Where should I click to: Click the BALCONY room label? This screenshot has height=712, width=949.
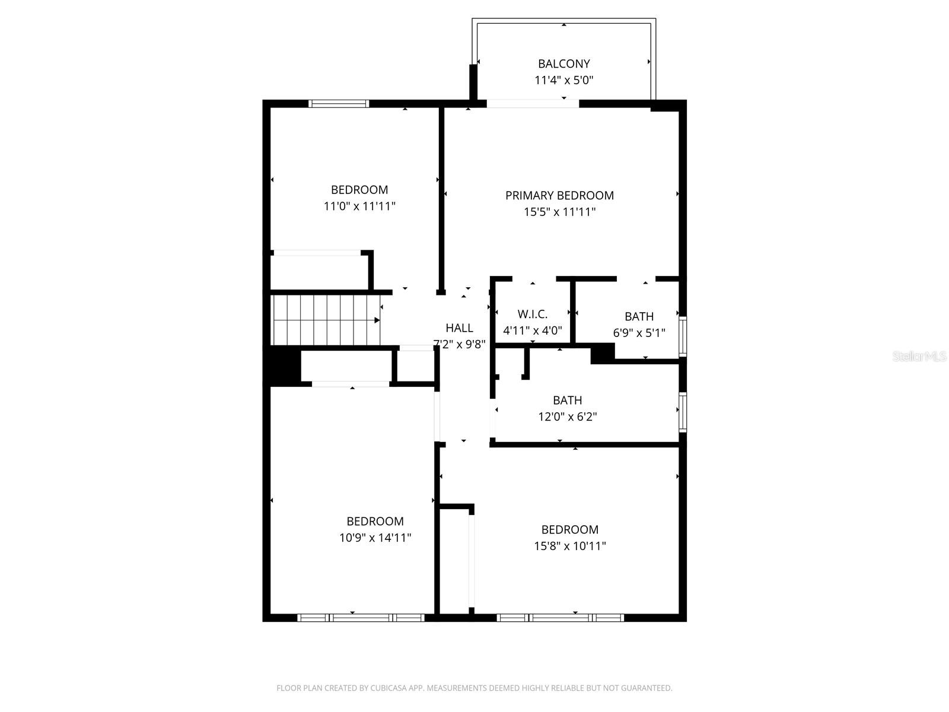[563, 63]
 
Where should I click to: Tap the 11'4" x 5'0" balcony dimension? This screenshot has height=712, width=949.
[563, 80]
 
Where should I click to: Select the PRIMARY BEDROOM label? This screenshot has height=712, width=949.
[559, 195]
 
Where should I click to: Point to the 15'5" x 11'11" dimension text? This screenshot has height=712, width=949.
[559, 212]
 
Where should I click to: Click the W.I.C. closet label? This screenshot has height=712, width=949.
[532, 314]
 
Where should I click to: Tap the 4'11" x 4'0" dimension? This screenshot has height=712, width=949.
[532, 331]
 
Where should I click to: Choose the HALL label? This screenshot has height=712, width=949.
[459, 328]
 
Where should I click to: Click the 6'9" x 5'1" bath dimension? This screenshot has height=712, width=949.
[639, 333]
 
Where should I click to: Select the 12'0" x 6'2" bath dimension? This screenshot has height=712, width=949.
[567, 417]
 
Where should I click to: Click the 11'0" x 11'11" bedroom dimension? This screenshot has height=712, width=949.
[359, 206]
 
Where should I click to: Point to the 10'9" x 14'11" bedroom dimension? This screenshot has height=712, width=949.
[375, 538]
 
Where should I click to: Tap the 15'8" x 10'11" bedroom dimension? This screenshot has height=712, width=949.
[569, 546]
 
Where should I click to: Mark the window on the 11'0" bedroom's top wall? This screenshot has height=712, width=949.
[339, 104]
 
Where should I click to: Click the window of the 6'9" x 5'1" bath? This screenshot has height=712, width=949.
[683, 336]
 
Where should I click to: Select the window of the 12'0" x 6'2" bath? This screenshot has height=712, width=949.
[683, 412]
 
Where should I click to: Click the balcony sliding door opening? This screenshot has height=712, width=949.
[532, 104]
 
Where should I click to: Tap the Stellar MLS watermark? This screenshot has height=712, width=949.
[919, 356]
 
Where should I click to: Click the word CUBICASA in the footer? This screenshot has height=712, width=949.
[388, 688]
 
